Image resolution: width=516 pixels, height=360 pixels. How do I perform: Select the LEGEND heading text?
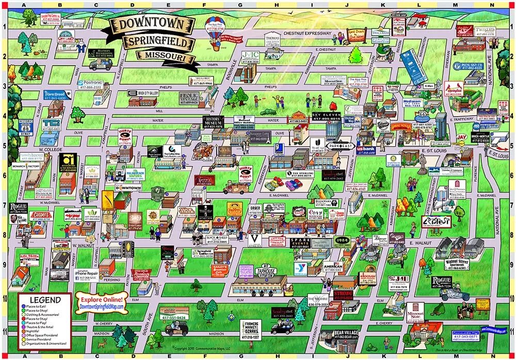(45, 300)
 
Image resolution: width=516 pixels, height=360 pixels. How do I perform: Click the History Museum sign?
(214, 122)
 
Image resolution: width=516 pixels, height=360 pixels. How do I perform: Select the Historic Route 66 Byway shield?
(25, 128)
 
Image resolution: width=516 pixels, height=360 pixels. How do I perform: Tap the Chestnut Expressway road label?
(307, 33)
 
